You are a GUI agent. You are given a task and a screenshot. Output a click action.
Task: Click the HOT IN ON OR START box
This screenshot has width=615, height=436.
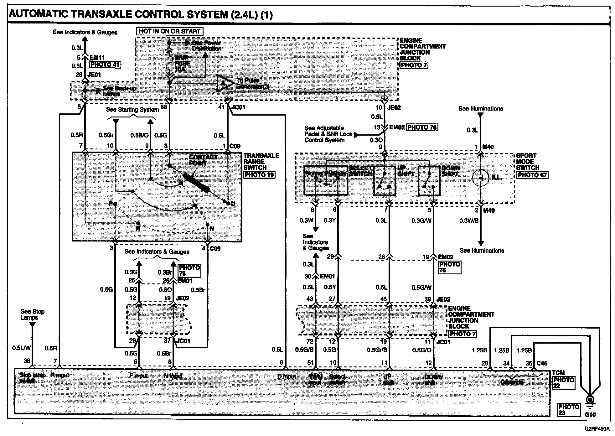(x=169, y=31)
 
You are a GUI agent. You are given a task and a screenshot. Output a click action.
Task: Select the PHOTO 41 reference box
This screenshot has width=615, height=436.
(x=105, y=65)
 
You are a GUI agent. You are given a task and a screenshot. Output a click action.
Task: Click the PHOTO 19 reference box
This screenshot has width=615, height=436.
(x=259, y=174)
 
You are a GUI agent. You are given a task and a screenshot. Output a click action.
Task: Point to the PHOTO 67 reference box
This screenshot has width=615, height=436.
(x=532, y=175)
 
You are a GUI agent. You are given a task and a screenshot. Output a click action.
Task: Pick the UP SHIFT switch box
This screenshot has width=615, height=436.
(x=385, y=180)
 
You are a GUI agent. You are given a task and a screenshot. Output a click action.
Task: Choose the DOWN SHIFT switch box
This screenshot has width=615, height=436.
(x=429, y=180)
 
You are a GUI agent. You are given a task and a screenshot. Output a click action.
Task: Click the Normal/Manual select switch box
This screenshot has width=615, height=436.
(x=326, y=180)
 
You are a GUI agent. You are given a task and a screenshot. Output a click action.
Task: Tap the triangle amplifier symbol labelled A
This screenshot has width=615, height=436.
(x=224, y=83)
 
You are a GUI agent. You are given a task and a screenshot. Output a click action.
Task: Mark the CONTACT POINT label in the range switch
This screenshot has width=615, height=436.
(x=203, y=160)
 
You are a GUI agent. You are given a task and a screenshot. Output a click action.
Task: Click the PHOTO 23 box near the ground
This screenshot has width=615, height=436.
(x=569, y=409)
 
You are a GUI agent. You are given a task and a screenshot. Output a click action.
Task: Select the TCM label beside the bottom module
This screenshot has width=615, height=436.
(x=558, y=373)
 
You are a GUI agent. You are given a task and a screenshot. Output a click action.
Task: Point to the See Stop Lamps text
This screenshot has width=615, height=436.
(x=32, y=314)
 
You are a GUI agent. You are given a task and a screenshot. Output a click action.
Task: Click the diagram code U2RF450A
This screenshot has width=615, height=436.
(x=597, y=429)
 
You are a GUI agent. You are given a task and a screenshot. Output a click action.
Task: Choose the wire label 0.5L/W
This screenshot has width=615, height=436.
(x=21, y=348)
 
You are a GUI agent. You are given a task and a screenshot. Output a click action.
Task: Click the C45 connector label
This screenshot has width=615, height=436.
(x=542, y=363)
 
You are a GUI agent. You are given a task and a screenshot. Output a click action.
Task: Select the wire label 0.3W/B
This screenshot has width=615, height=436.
(x=469, y=221)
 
